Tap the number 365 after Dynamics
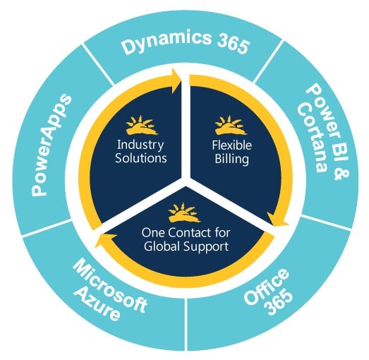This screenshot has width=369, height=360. tap(233, 44)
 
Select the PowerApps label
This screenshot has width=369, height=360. tap(51, 145)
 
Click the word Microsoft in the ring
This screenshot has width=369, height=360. tap(109, 287)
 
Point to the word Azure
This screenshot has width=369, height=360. tap(98, 304)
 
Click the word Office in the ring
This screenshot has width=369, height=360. tap(267, 287)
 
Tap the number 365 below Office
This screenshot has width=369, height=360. tap(279, 302)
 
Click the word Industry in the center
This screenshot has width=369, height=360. tap(140, 145)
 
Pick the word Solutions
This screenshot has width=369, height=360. tap(141, 157)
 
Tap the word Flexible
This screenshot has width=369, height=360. tap(232, 145)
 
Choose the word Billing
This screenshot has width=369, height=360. tap(232, 159)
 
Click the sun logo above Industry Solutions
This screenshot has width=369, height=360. tap(141, 126)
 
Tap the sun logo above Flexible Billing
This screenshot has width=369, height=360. tap(231, 126)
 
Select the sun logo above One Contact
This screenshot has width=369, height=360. tap(184, 212)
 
